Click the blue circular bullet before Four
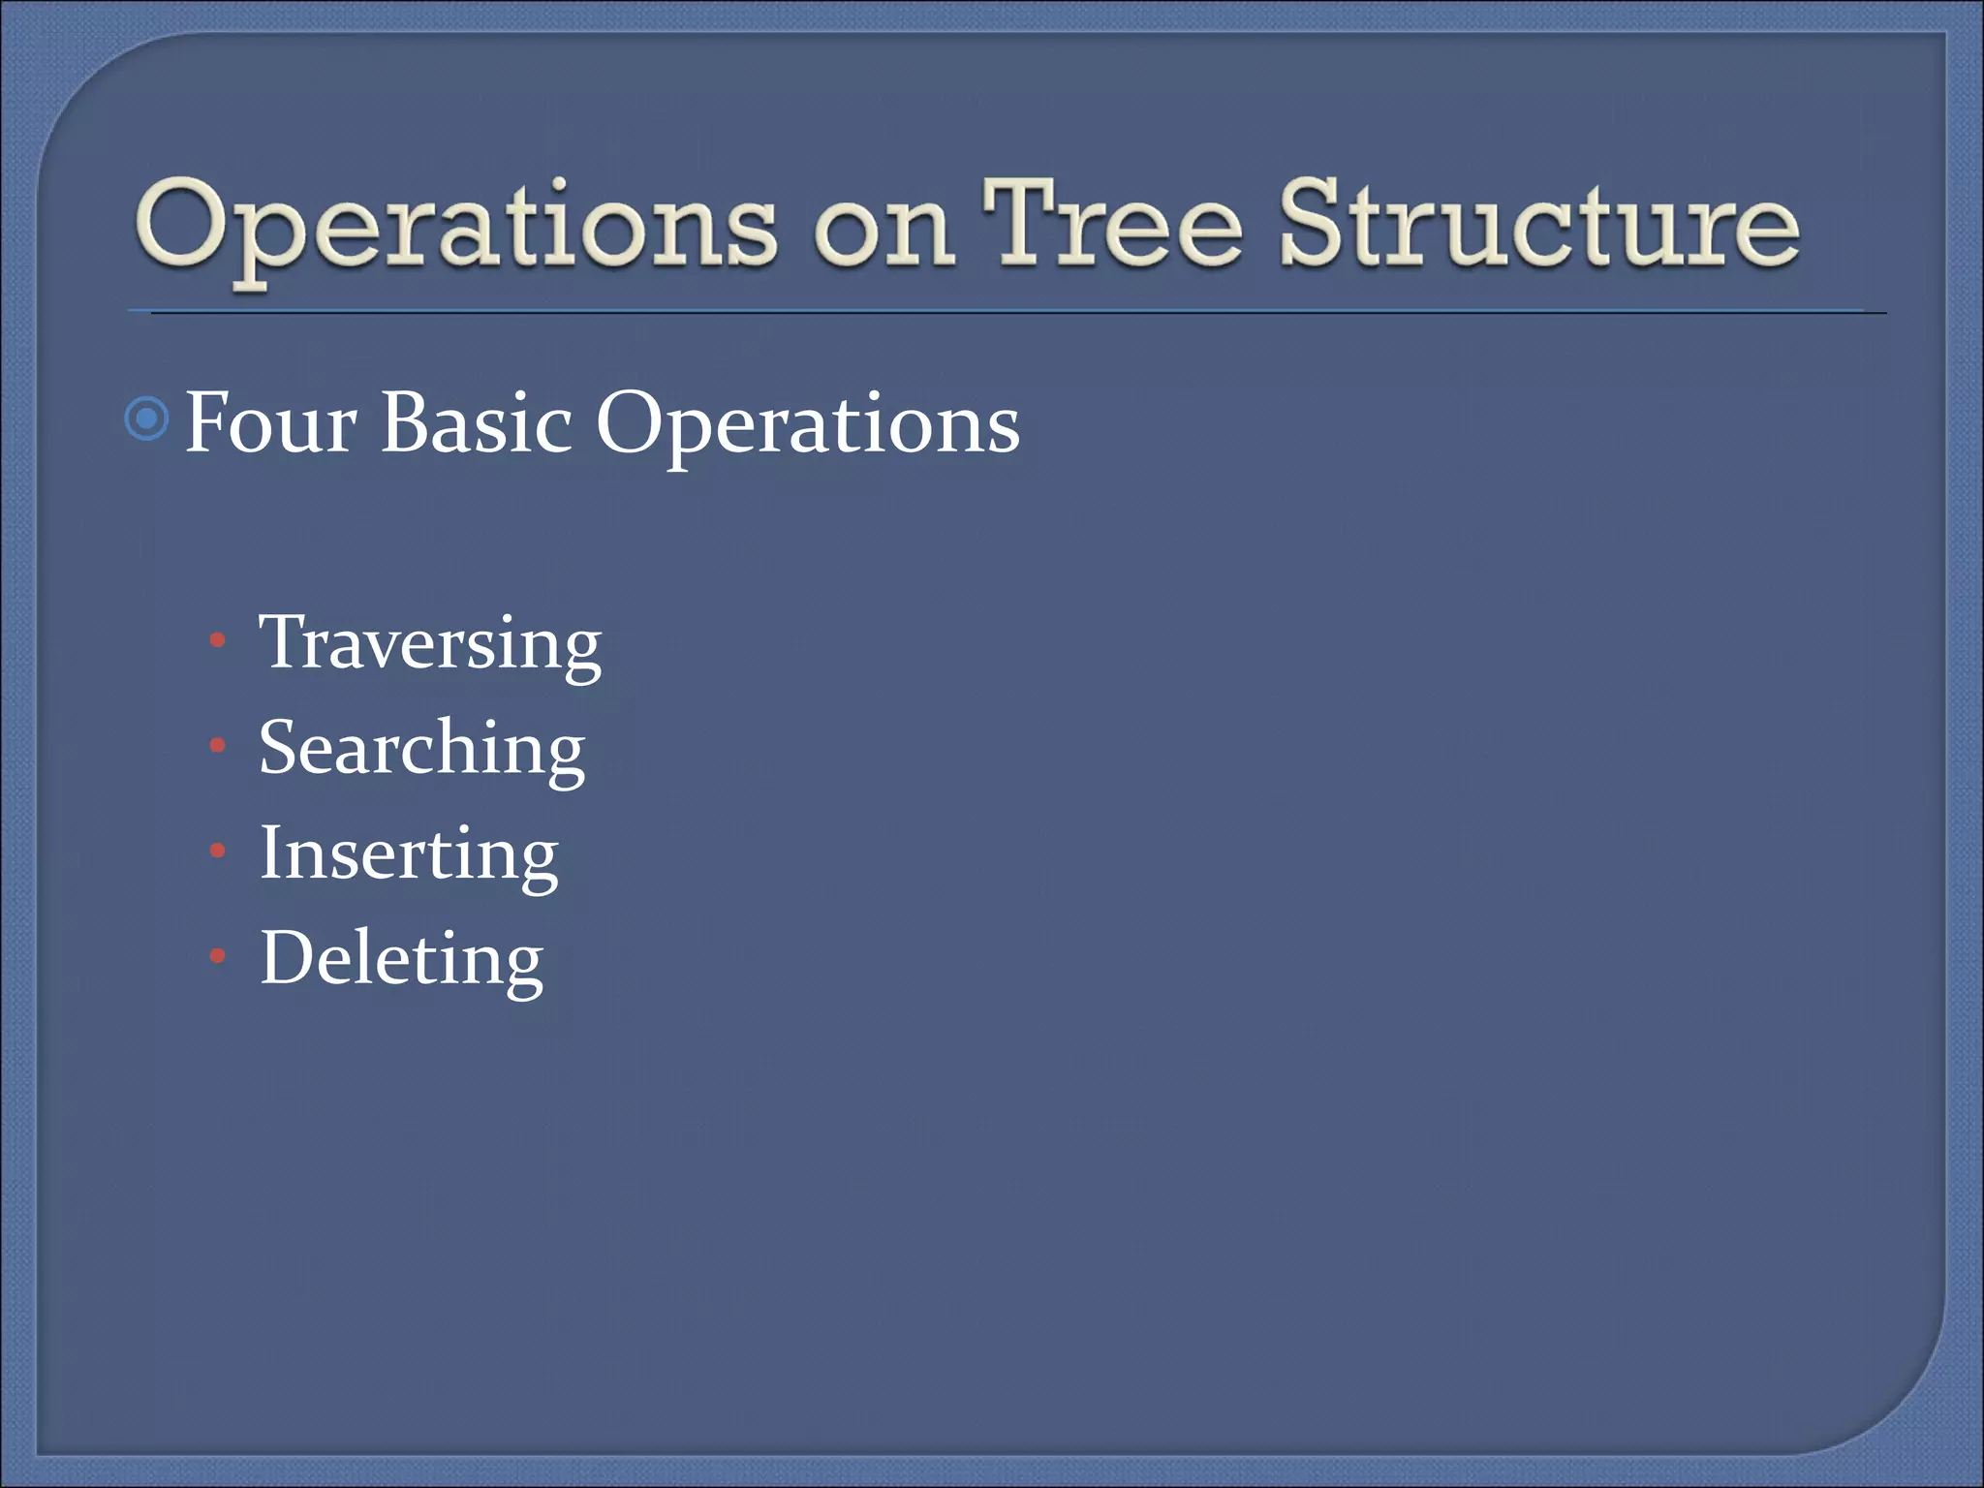click(147, 419)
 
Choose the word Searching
click(422, 749)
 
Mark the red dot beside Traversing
click(218, 640)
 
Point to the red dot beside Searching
click(218, 746)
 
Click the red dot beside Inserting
click(218, 852)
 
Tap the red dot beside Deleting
click(218, 957)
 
